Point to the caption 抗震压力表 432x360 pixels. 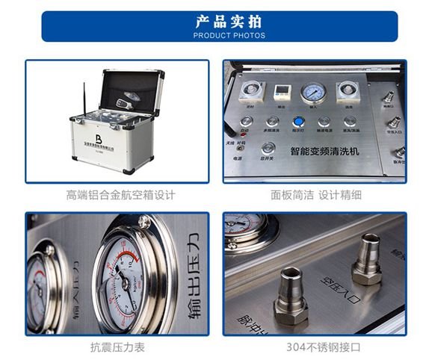117,348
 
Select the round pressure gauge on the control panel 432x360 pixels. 312,93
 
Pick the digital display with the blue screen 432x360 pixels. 282,91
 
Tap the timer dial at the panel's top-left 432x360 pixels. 249,90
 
